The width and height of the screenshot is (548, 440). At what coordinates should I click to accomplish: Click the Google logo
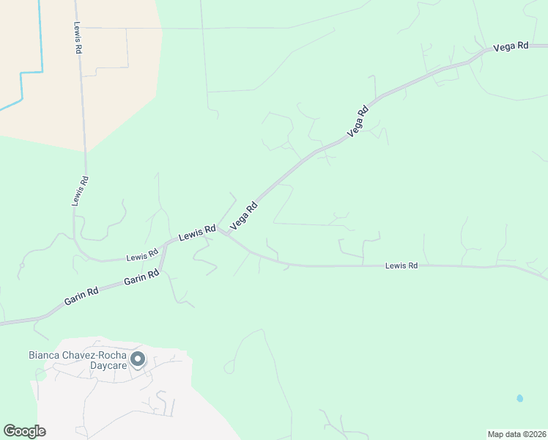pyautogui.click(x=24, y=431)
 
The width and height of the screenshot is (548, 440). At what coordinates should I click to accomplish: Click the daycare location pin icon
pyautogui.click(x=138, y=360)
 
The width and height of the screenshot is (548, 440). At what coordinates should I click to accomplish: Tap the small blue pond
pyautogui.click(x=519, y=398)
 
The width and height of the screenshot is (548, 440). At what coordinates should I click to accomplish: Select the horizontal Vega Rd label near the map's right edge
pyautogui.click(x=511, y=46)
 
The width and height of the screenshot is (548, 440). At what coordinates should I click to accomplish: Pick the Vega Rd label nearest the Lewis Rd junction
pyautogui.click(x=245, y=216)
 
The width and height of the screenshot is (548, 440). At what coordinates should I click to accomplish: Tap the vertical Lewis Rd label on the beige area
pyautogui.click(x=77, y=37)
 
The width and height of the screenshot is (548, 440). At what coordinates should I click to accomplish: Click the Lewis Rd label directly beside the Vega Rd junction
pyautogui.click(x=197, y=233)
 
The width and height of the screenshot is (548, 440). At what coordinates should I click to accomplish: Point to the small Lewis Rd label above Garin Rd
pyautogui.click(x=142, y=255)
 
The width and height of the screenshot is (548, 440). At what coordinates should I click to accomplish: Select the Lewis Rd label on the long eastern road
pyautogui.click(x=401, y=265)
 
